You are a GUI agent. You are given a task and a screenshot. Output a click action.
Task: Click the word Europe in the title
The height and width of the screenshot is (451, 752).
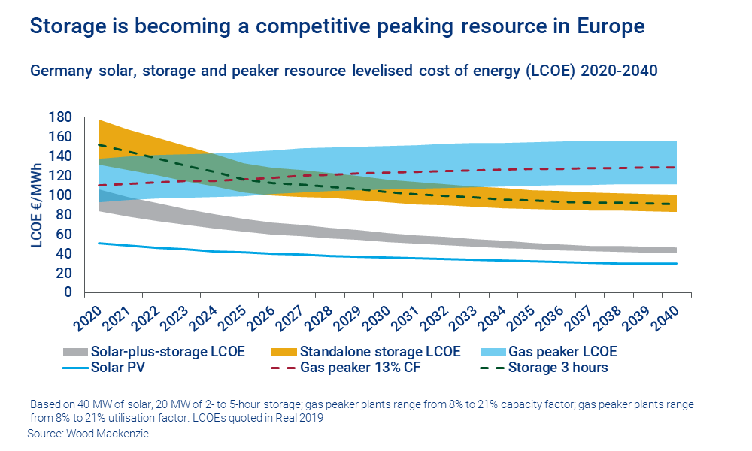607,26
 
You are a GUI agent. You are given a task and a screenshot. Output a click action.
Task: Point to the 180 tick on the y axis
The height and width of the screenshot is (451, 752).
61,117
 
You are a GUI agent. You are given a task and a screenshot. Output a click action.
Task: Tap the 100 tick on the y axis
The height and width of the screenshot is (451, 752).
61,195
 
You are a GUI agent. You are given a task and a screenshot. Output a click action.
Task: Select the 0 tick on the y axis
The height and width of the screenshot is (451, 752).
68,292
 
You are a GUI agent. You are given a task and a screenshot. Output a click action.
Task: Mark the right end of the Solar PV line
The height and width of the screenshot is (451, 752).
677,263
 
